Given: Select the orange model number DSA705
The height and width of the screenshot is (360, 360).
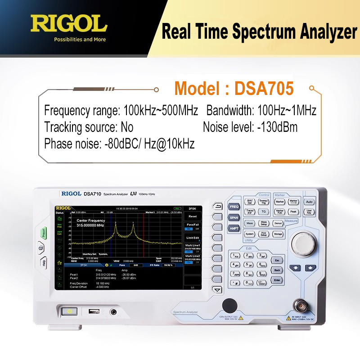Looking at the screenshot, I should [264, 88].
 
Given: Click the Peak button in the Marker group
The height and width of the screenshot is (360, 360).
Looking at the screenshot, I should [293, 211].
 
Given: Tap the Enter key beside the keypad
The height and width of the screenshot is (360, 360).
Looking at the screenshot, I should [277, 280].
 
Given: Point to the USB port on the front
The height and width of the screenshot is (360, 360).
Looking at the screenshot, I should [94, 311].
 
